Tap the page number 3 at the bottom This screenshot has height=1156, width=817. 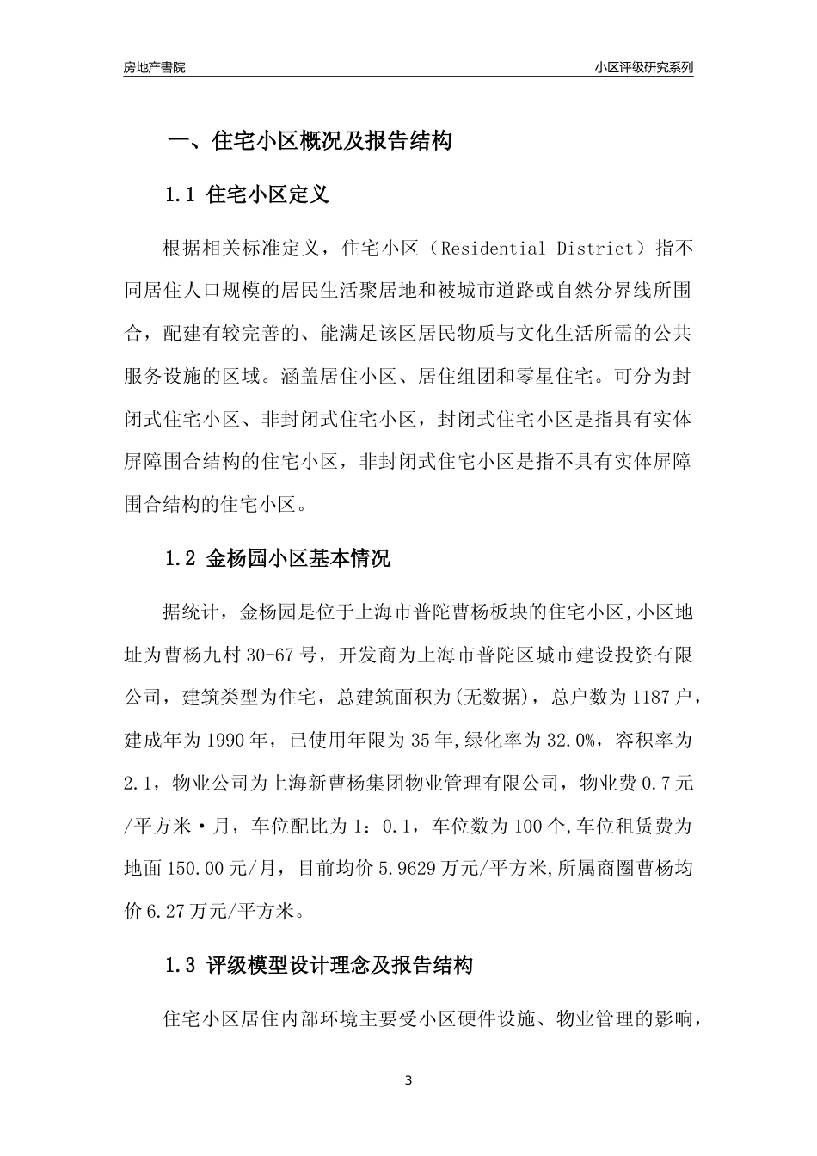coord(408,1081)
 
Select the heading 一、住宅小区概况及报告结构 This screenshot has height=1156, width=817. coord(309,141)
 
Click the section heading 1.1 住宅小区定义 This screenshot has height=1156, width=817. coord(247,194)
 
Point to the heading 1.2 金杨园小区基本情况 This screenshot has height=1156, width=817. coord(277,558)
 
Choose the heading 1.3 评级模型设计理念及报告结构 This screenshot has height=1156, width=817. coord(318,966)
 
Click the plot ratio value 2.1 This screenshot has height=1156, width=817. coord(138,783)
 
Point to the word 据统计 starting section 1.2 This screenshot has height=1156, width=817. coord(191,612)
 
